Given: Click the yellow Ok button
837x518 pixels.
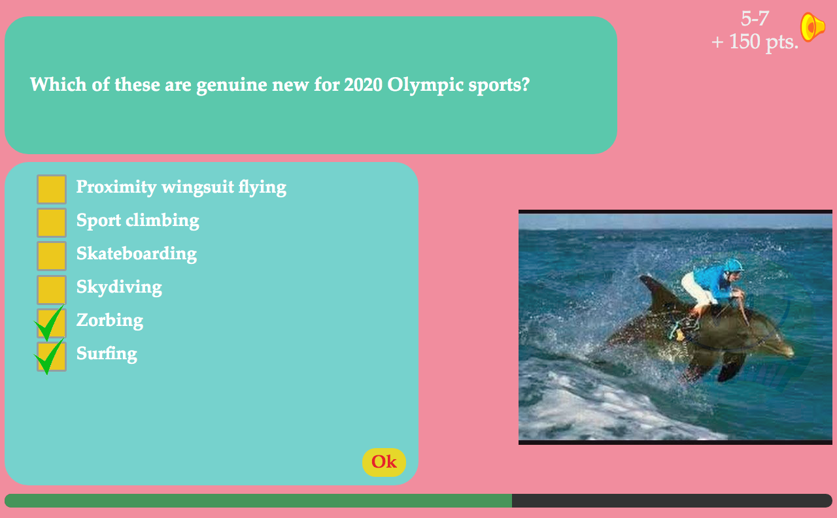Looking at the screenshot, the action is click(384, 462).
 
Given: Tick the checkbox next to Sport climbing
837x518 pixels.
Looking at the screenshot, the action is click(52, 223).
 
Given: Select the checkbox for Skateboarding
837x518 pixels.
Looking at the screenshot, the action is click(52, 256).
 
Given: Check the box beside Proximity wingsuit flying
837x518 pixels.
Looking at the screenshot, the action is click(52, 189).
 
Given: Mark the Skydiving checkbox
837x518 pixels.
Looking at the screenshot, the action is click(52, 289).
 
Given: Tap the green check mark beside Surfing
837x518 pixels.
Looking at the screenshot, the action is click(49, 357).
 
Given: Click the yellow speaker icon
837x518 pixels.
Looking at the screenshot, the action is click(812, 27).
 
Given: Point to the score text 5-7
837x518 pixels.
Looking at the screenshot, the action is click(755, 18).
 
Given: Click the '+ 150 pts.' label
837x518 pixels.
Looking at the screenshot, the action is click(755, 42).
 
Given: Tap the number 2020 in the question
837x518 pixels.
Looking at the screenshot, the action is click(363, 84).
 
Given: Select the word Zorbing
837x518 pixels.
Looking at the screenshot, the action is click(110, 321).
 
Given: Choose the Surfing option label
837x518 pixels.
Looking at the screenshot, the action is click(107, 353).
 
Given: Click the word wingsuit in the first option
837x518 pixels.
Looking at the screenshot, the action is click(197, 187).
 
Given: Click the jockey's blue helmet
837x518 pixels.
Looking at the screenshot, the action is click(732, 265).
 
